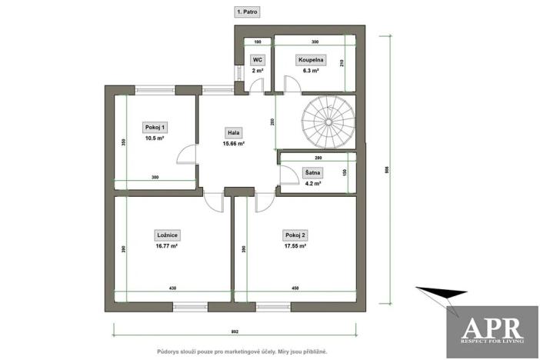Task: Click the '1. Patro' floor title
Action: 247,12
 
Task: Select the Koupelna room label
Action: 312,58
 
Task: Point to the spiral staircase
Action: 328,121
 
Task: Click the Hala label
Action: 232,132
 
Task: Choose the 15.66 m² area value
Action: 233,143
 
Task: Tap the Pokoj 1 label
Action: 155,127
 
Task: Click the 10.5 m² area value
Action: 155,138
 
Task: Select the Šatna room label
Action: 312,172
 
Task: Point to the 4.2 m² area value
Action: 312,183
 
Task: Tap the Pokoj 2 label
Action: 295,235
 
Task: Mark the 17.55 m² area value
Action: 295,246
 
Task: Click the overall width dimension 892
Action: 235,332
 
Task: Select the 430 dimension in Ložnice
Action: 172,288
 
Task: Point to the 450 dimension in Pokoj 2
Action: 295,288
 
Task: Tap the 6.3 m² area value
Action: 312,70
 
